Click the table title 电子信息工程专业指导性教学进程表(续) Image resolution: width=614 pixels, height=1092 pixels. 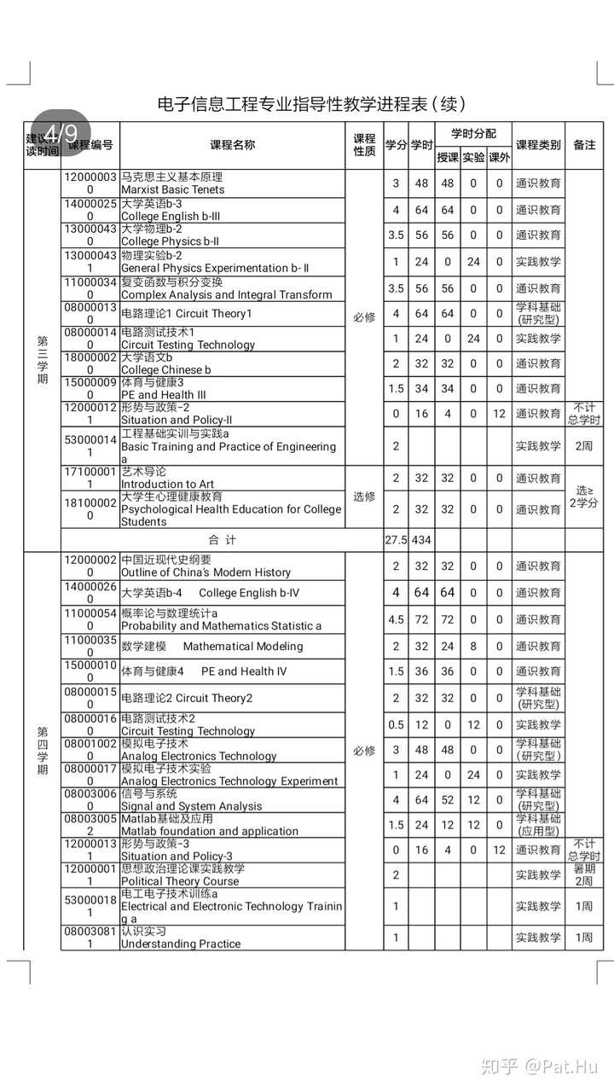click(x=311, y=104)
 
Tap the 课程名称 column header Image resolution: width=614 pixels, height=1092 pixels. click(x=232, y=145)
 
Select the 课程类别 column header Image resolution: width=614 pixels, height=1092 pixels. click(x=538, y=145)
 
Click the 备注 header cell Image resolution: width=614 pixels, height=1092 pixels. click(x=584, y=145)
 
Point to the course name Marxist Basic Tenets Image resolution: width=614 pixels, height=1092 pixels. click(x=173, y=189)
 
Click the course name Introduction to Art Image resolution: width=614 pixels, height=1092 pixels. click(x=167, y=485)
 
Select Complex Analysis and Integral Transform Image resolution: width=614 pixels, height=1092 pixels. click(x=226, y=295)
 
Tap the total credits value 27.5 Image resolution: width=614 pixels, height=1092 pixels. click(x=396, y=540)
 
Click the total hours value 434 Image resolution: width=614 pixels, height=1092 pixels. click(x=421, y=540)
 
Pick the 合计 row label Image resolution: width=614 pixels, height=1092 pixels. click(x=223, y=540)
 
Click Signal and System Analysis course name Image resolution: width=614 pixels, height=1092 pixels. click(x=192, y=806)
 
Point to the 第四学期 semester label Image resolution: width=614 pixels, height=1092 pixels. click(x=43, y=751)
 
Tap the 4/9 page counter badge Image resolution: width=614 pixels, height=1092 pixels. click(x=61, y=133)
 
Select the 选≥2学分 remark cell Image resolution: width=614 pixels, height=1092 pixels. click(x=584, y=497)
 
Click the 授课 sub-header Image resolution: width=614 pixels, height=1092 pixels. click(x=448, y=158)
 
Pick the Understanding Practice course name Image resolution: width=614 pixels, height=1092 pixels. click(x=181, y=944)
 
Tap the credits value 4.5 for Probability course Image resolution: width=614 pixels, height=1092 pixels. click(x=396, y=619)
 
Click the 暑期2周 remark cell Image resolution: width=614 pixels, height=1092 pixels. click(x=584, y=875)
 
